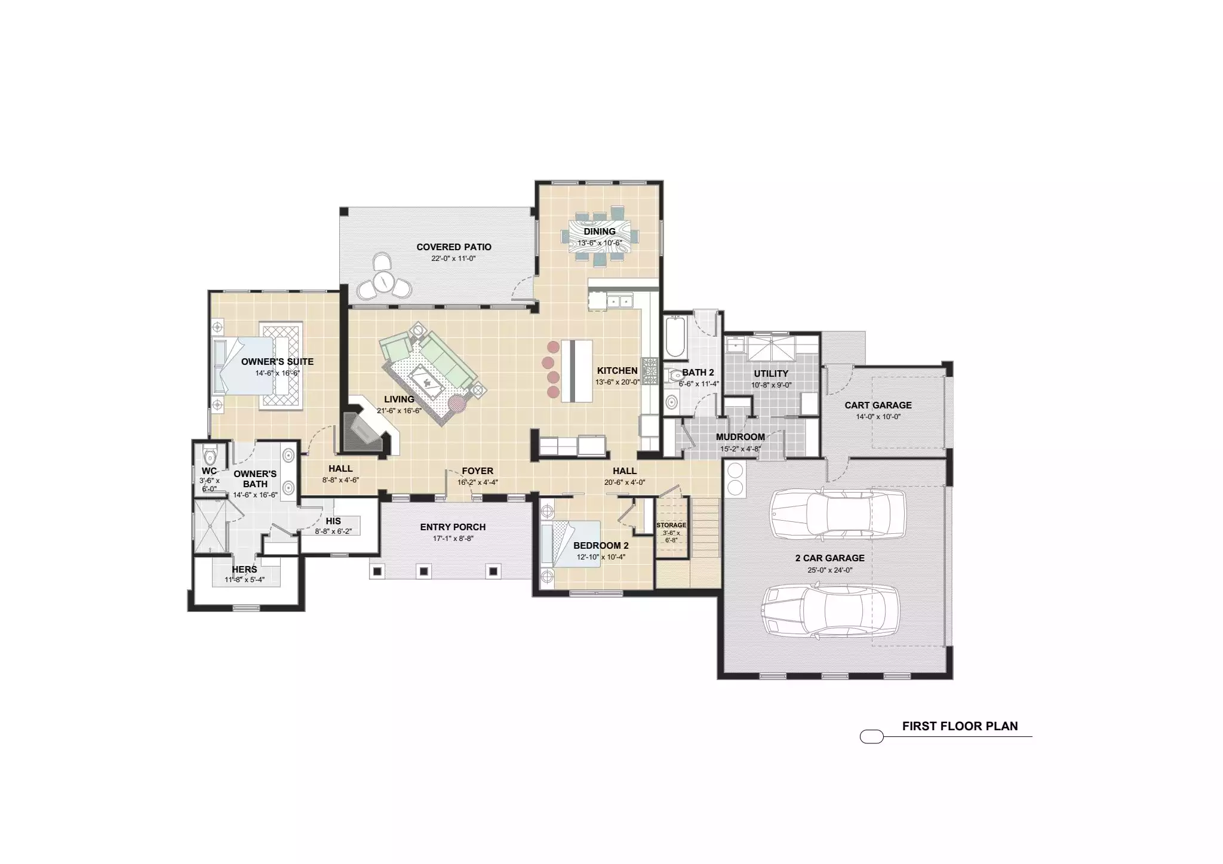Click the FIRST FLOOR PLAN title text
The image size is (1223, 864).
(960, 726)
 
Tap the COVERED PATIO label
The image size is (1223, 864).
(454, 247)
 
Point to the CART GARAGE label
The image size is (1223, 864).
(878, 405)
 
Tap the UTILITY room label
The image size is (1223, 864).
(771, 373)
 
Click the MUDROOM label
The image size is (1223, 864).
(740, 437)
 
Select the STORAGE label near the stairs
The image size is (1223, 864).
(671, 525)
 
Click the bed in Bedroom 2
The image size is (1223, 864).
(570, 543)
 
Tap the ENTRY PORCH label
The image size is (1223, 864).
(453, 527)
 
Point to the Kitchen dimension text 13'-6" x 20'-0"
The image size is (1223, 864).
(617, 382)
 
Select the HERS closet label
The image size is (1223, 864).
(244, 570)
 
